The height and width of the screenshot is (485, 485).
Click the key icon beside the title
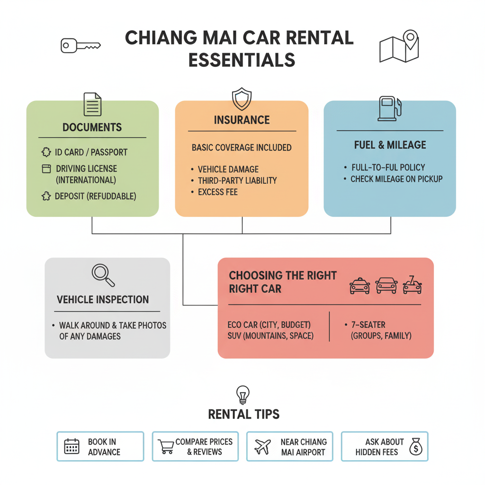(x=81, y=46)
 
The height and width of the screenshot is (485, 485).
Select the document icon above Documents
(x=92, y=104)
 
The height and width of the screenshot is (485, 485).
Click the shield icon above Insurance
(x=242, y=99)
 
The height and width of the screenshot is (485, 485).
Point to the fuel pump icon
(x=389, y=108)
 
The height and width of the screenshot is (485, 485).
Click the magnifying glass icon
(x=103, y=275)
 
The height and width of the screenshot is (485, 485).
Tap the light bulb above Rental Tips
(x=243, y=394)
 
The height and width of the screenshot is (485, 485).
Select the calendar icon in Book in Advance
(x=72, y=446)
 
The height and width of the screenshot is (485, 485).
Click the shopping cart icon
(x=166, y=446)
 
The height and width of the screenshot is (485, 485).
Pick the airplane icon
(x=262, y=446)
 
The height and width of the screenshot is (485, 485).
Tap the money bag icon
(x=415, y=446)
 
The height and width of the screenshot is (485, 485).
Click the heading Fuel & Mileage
(x=390, y=145)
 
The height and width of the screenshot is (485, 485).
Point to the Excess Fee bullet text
(x=218, y=192)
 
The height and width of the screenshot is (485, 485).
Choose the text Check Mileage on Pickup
(x=396, y=179)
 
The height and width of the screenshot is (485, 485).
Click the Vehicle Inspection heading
(x=103, y=299)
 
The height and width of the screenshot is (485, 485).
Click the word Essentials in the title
(x=242, y=60)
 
